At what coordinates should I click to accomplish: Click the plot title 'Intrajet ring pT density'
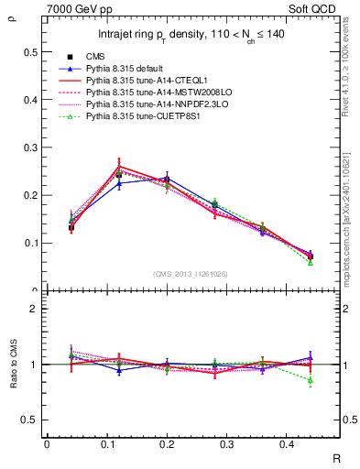[191, 35]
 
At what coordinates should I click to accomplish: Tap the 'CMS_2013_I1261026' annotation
[191, 274]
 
